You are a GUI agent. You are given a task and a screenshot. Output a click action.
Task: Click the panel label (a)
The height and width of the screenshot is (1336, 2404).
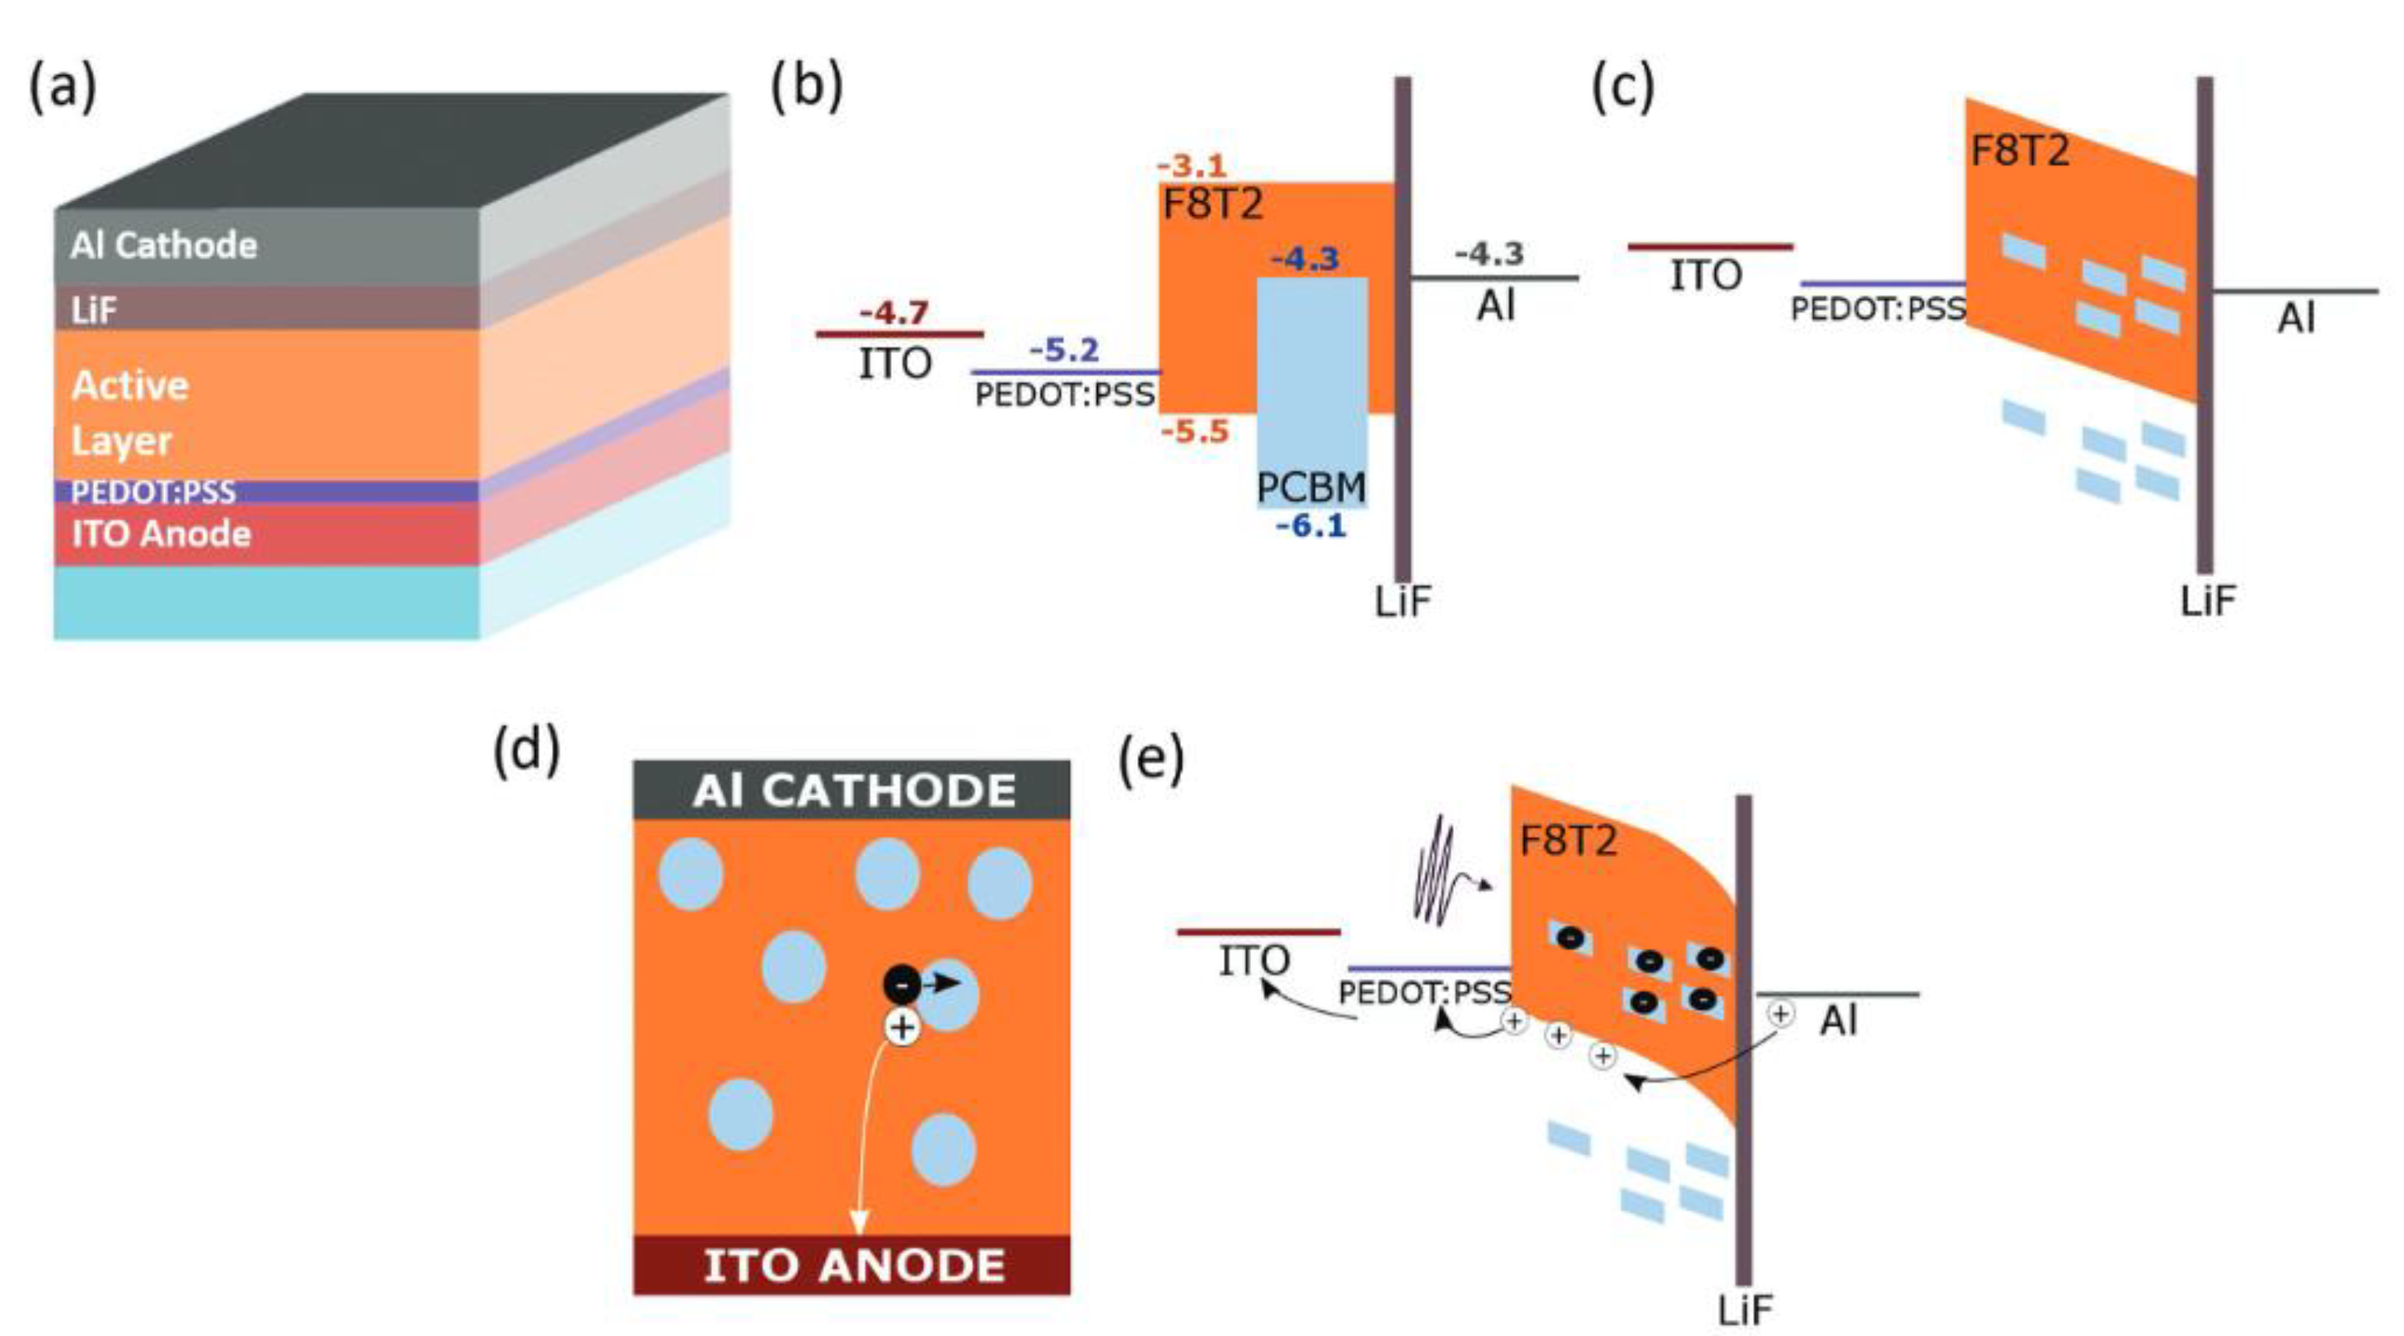[63, 90]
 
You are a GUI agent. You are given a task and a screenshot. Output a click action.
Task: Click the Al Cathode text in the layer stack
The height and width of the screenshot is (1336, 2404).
[163, 246]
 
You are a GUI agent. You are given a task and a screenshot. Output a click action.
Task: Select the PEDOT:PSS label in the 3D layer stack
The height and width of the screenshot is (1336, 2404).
[153, 492]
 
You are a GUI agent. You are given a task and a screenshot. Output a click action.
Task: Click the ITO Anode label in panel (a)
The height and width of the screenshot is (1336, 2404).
[162, 533]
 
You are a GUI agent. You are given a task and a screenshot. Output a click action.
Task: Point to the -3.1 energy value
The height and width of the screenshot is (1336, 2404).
[1192, 166]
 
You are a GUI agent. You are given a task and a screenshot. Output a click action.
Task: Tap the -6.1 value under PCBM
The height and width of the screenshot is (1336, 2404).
[1311, 526]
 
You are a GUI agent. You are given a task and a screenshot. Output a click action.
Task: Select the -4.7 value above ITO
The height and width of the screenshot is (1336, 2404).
[894, 312]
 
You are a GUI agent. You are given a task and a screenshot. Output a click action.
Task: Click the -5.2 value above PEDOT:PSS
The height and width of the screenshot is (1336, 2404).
[1065, 351]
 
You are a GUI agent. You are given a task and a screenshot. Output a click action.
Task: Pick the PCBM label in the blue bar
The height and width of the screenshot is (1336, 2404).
[1311, 487]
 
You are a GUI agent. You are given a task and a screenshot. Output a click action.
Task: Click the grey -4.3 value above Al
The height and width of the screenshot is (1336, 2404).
[1489, 253]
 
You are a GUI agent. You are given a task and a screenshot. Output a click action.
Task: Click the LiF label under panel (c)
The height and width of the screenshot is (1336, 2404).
[2208, 601]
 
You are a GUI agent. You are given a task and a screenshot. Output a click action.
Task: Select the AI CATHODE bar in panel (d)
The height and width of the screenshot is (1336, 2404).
[852, 790]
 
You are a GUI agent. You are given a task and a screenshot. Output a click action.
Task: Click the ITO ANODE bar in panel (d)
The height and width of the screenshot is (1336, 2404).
[852, 1265]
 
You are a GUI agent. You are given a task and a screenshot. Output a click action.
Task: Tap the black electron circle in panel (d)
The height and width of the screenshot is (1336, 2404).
[902, 983]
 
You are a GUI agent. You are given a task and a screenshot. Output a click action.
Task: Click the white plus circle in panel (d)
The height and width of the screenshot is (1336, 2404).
[902, 1027]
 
